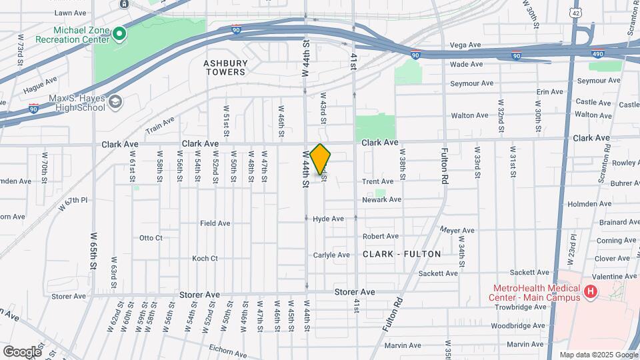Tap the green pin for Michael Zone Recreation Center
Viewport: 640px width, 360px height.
[x=119, y=33]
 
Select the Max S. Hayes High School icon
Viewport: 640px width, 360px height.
[x=116, y=102]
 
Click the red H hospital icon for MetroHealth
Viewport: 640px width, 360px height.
[x=589, y=292]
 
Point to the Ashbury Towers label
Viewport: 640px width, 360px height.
[x=225, y=67]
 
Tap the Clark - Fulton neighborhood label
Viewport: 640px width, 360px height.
[x=402, y=254]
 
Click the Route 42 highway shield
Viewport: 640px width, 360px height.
[x=575, y=12]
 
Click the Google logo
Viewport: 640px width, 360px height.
[x=22, y=351]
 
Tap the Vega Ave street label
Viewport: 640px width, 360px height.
[x=465, y=45]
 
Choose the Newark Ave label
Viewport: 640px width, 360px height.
[x=382, y=199]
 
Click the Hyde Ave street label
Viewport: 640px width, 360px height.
[x=328, y=219]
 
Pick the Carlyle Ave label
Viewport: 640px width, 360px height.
[x=331, y=255]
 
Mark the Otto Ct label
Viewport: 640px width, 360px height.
[x=151, y=237]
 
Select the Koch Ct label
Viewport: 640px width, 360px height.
[x=205, y=258]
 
